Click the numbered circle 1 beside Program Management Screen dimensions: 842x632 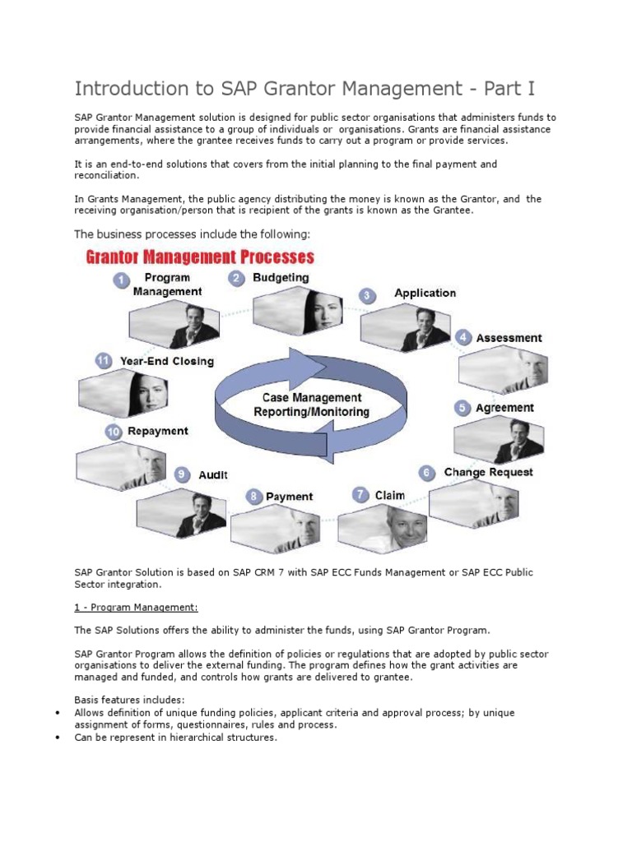pos(121,282)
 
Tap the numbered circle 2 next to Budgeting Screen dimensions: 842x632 pos(236,279)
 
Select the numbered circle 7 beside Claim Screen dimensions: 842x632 pos(360,495)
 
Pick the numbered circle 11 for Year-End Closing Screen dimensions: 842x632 pos(103,360)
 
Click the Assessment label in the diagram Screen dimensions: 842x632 pos(510,338)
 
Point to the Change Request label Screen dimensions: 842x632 pos(488,472)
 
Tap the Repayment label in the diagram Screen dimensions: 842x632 pos(158,431)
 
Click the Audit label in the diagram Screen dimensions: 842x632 pos(213,474)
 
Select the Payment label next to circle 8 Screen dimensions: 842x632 pos(289,497)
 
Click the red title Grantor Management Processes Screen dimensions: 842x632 pos(200,257)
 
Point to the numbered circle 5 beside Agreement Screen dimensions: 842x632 pos(462,408)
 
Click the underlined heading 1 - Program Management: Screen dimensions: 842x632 pos(137,608)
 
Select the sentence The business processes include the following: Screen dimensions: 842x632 pos(192,234)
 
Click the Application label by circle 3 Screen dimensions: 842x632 pos(425,293)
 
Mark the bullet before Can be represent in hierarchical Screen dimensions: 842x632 pos(57,738)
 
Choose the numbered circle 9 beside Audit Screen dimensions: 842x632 pos(182,474)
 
